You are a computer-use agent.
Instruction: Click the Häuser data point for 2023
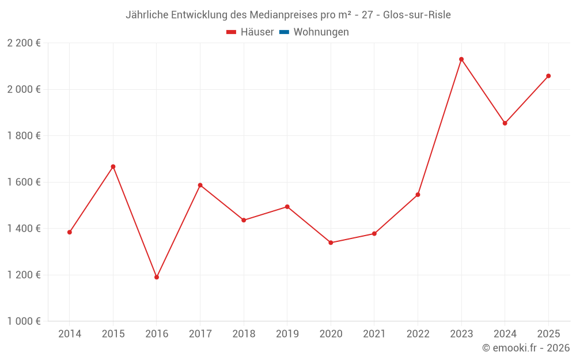461,59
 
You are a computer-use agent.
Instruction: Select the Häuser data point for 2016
157,277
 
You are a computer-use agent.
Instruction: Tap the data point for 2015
113,166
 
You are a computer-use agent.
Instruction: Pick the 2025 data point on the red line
548,76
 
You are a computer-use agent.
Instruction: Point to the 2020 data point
331,242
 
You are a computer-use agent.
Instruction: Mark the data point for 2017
200,185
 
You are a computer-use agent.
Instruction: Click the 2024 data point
505,123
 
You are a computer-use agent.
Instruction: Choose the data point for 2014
70,232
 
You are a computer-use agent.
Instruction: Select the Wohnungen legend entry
321,32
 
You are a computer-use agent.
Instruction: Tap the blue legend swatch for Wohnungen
284,32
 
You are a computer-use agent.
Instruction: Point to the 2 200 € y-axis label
24,43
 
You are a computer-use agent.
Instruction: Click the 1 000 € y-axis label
24,321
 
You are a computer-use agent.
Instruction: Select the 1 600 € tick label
24,182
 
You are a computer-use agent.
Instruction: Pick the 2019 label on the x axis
287,334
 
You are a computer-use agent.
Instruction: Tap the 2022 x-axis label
418,334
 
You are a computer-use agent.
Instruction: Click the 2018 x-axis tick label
244,334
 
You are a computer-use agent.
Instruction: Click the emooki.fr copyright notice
525,348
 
